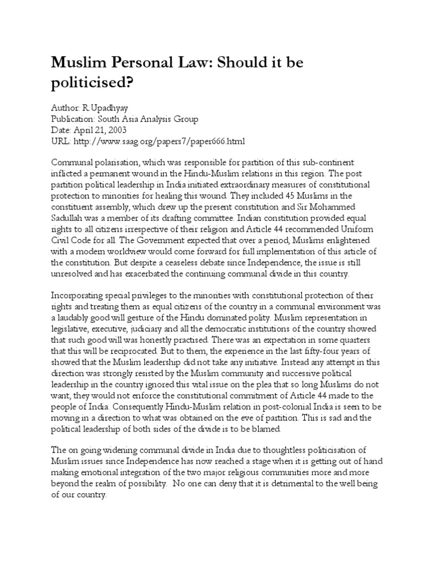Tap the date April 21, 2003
[100, 130]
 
